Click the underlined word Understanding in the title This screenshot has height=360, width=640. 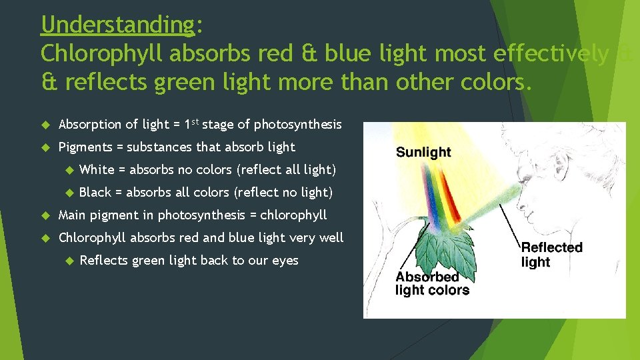117,25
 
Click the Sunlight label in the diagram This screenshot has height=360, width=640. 423,152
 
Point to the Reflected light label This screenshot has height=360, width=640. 551,254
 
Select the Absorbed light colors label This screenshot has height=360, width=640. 432,283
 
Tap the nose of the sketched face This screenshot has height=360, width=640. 519,207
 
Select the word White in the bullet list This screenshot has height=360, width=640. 97,169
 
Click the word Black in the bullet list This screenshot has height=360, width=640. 95,192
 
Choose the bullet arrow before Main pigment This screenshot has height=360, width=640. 45,215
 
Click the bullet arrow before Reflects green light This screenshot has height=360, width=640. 68,261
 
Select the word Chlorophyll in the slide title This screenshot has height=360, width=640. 101,54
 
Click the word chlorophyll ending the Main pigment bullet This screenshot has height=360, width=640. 293,215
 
